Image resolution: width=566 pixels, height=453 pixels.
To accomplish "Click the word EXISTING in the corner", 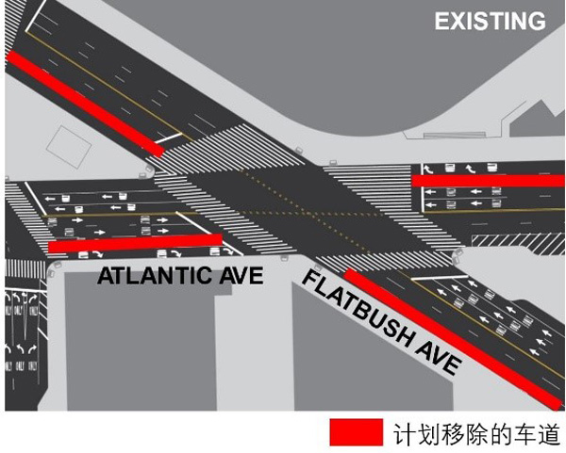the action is point(490,21).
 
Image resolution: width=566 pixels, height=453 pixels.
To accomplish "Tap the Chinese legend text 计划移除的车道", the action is point(476,433).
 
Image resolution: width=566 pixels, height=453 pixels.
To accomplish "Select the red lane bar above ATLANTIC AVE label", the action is point(135,243).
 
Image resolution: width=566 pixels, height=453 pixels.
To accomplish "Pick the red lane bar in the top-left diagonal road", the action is point(85,101).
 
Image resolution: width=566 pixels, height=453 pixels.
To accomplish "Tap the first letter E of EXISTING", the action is point(441,21).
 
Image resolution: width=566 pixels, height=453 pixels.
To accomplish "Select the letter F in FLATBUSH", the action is point(309,280).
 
